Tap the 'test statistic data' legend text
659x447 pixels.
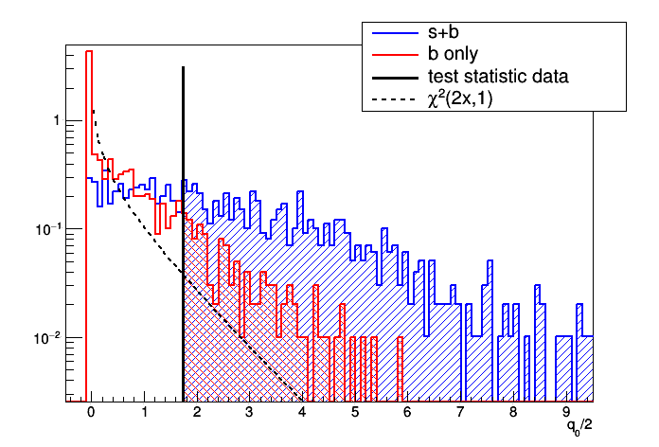point(497,76)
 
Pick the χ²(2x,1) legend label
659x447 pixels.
point(467,97)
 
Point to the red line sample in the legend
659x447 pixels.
point(391,55)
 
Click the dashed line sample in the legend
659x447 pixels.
point(391,97)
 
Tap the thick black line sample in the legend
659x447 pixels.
point(391,76)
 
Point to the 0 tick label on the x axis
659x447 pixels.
point(91,413)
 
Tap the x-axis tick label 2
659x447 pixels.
point(196,413)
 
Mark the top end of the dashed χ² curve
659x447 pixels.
point(93,111)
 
